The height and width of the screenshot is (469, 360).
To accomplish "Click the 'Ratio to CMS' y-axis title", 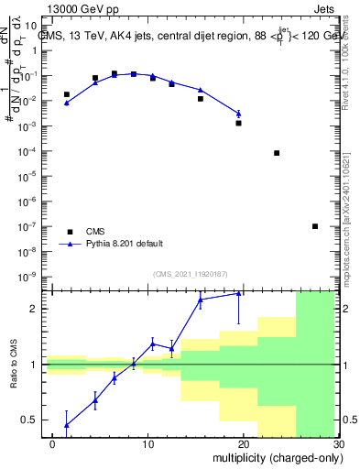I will pyautogui.click(x=14, y=364).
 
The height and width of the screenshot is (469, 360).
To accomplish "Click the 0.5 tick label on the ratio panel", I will pyautogui.click(x=30, y=420).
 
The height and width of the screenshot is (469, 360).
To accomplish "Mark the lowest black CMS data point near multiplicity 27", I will pyautogui.click(x=315, y=226).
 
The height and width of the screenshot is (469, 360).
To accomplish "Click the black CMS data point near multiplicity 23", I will pyautogui.click(x=277, y=153).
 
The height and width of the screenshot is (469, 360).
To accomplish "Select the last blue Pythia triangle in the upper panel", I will pyautogui.click(x=239, y=114).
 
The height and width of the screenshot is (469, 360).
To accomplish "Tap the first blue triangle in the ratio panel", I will pyautogui.click(x=67, y=424).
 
